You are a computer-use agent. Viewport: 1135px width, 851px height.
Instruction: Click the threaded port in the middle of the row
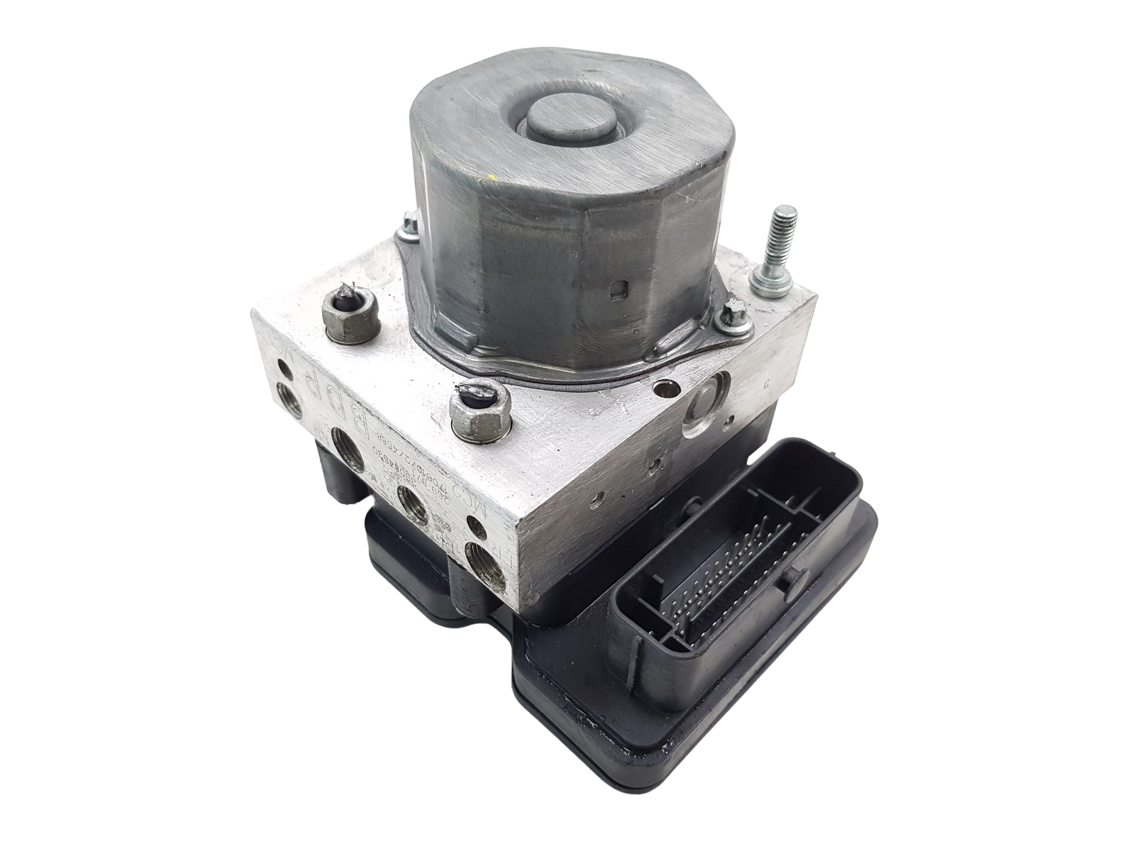coord(412,507)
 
